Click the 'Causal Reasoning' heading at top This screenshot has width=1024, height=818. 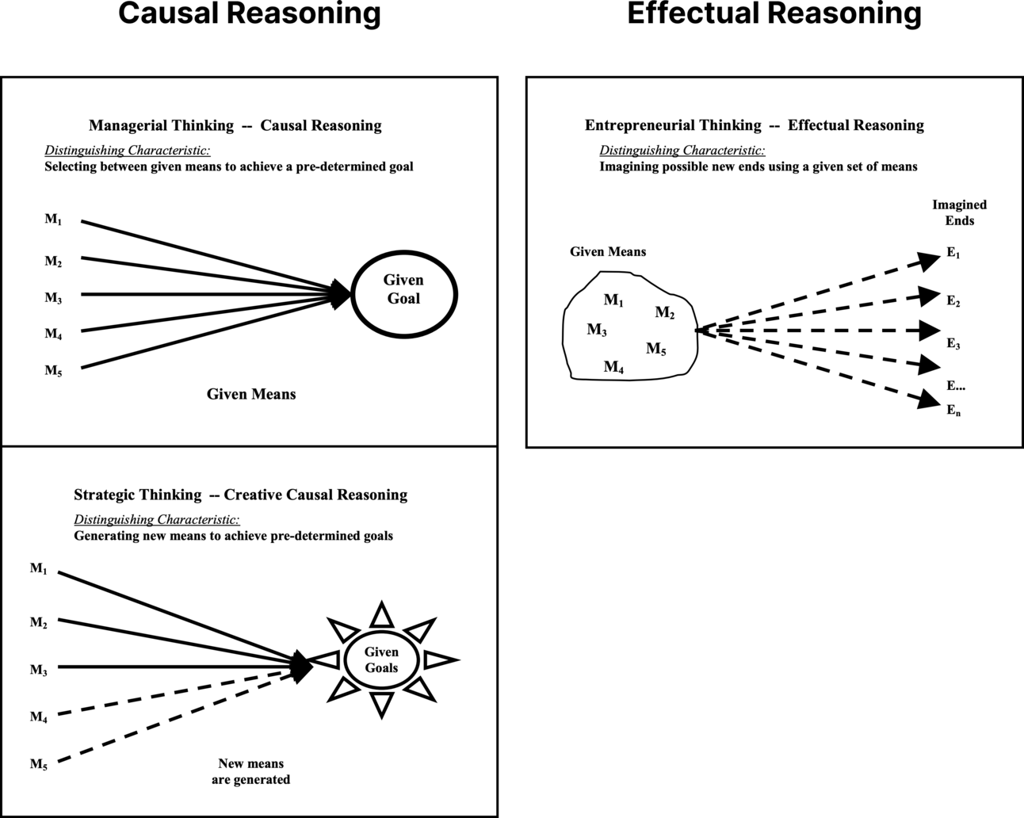point(249,14)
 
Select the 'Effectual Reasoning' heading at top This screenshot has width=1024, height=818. point(774,14)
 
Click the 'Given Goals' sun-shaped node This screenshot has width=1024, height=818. point(381,659)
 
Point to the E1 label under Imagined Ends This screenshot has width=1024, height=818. point(953,254)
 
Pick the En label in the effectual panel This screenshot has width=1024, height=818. point(953,411)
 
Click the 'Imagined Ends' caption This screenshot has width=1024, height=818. point(959,212)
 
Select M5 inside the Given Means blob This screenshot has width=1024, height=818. point(656,349)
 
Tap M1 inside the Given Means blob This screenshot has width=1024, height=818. point(613,300)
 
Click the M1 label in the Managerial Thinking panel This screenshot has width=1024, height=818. point(53,220)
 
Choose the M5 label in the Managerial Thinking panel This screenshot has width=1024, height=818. point(53,371)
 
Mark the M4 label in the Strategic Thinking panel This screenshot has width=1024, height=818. point(39,717)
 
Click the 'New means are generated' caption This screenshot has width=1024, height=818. point(250,771)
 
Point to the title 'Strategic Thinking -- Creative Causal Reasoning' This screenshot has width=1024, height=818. point(240,495)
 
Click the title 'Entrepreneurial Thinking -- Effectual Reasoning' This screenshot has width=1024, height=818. point(754,125)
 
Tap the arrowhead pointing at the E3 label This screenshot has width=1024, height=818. point(929,330)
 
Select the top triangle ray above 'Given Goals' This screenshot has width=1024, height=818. point(382,615)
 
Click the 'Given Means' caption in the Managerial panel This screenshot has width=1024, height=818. point(251,394)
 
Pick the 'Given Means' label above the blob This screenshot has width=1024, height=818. point(608,252)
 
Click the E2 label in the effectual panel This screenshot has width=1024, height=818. point(953,301)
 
